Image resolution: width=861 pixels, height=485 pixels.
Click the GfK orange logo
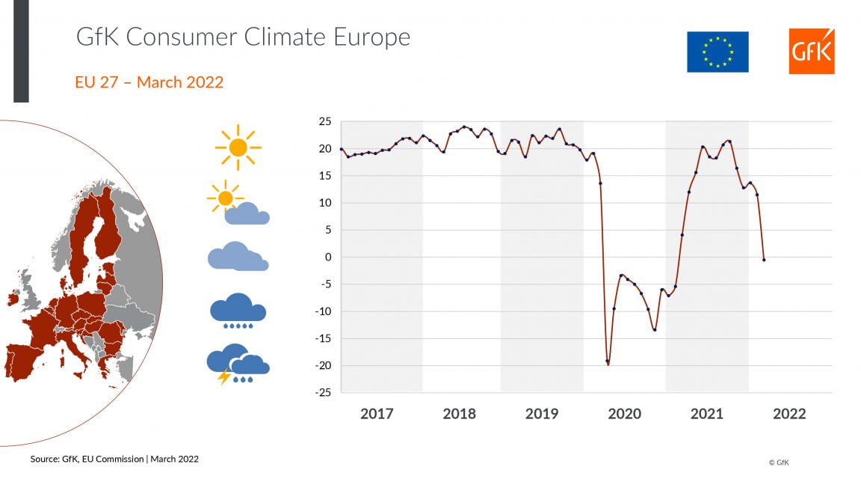811,52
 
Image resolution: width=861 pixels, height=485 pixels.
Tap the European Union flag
717,52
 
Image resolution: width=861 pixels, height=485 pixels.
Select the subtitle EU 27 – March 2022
149,82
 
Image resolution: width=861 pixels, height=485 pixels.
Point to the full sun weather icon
238,147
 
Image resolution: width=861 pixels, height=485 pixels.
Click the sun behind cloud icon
238,204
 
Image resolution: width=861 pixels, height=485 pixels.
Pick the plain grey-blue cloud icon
238,257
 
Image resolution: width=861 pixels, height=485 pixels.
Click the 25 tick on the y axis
324,122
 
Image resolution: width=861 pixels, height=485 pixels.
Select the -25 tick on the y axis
322,392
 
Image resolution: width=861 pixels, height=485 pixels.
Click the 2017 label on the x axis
376,414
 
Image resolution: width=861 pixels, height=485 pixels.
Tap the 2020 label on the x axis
624,414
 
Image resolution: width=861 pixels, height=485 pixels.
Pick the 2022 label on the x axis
789,414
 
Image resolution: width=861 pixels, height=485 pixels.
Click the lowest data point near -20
608,362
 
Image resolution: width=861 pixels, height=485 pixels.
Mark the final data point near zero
763,260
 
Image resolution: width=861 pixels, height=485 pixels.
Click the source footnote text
114,459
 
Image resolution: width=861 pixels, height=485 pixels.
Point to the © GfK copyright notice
778,463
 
